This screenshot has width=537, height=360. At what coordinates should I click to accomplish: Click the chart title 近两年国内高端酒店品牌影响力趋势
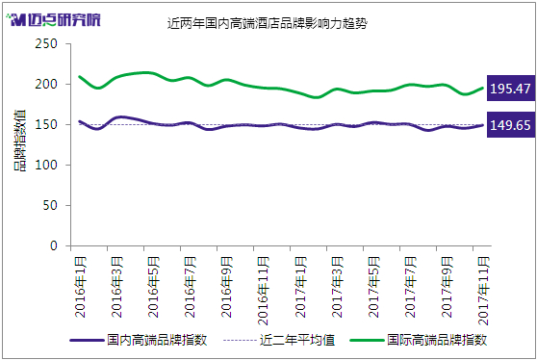[x=268, y=23]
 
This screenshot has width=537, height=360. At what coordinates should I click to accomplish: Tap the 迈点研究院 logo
[x=54, y=19]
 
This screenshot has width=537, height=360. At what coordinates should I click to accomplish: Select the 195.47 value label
[x=511, y=89]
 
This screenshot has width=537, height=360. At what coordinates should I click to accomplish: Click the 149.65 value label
[x=511, y=125]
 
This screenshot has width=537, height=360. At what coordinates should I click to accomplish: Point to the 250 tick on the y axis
[x=46, y=44]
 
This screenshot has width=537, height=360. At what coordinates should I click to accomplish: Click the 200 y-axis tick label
[x=46, y=85]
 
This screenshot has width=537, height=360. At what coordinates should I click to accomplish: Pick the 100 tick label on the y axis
[x=46, y=166]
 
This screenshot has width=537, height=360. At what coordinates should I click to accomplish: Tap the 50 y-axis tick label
[x=50, y=206]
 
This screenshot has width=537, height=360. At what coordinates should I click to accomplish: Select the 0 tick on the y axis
[x=54, y=245]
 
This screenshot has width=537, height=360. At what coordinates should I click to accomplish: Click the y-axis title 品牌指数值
[x=20, y=141]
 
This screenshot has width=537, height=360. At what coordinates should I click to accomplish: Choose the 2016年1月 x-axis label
[x=80, y=287]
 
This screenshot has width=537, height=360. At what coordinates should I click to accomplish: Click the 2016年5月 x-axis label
[x=153, y=287]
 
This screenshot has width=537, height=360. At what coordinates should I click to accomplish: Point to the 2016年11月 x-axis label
[x=263, y=291]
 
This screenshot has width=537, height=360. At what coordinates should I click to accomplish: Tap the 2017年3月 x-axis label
[x=336, y=287]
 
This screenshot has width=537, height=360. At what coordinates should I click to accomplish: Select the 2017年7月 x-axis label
[x=410, y=287]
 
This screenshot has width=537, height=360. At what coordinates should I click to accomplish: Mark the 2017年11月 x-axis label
[x=483, y=291]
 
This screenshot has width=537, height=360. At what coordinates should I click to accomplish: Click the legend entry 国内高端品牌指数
[x=139, y=340]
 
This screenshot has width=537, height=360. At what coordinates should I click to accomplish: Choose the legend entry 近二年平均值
[x=279, y=340]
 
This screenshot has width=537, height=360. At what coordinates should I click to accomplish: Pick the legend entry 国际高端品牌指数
[x=419, y=340]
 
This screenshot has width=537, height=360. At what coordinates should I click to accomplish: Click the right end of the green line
[x=482, y=88]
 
